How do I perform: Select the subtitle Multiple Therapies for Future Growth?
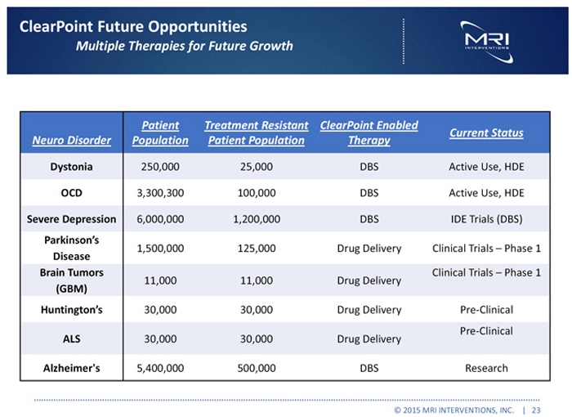184,45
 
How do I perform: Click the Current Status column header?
486,132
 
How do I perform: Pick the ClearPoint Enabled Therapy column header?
369,132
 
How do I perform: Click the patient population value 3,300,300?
161,194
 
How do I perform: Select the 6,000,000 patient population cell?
161,219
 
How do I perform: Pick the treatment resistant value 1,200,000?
257,219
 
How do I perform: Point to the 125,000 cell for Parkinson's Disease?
257,249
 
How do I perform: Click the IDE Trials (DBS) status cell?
486,219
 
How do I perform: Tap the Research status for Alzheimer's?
486,368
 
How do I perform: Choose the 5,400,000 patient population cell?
161,368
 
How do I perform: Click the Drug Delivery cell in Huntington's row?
369,310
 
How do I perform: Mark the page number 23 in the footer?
536,407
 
